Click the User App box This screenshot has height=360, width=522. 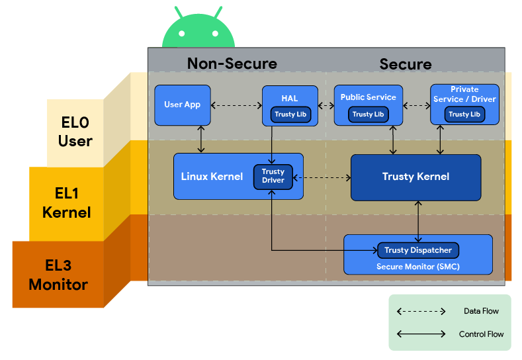click(182, 105)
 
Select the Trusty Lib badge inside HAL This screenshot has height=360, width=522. click(290, 114)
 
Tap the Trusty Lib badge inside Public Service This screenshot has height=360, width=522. click(368, 114)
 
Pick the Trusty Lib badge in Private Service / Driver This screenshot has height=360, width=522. click(464, 114)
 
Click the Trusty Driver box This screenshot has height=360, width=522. click(273, 176)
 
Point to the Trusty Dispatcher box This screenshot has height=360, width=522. click(417, 250)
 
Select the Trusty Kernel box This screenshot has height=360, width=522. click(415, 177)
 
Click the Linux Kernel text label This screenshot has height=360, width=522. click(212, 177)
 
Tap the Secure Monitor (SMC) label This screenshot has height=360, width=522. click(417, 267)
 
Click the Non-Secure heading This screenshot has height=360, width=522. click(232, 64)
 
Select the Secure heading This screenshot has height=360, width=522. click(405, 64)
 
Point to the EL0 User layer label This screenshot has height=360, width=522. click(75, 132)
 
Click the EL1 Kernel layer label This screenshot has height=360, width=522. click(66, 203)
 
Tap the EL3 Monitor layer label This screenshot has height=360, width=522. click(58, 275)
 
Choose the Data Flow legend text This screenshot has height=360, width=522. click(481, 311)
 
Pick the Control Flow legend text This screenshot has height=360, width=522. click(481, 334)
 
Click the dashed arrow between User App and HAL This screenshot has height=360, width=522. click(236, 105)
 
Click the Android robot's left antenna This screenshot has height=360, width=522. click(179, 13)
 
